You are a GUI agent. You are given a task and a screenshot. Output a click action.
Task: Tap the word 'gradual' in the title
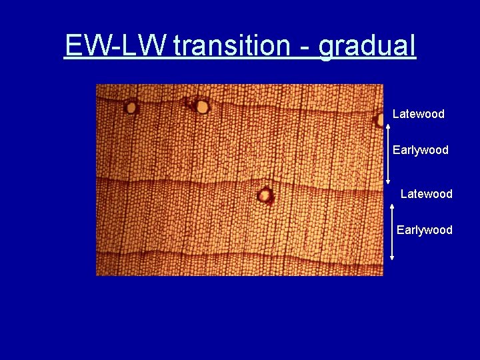pos(367,47)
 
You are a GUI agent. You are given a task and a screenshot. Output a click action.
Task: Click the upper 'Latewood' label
pos(418,114)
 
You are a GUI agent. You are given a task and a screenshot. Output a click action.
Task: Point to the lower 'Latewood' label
pos(426,194)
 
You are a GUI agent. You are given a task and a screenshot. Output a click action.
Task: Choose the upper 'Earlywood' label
pos(420,150)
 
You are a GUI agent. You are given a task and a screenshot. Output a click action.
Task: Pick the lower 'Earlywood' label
pos(424,230)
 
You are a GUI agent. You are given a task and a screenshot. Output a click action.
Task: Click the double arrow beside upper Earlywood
pos(388,153)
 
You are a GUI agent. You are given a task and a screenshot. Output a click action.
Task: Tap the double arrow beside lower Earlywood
pos(392,231)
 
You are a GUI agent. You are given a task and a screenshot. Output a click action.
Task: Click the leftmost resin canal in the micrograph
pos(131,107)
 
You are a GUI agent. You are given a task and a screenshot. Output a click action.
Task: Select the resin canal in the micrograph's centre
pos(265,195)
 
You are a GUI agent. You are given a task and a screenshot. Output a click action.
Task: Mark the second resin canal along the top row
pos(201,106)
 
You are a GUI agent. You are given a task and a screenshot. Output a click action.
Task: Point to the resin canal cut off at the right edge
pos(379,119)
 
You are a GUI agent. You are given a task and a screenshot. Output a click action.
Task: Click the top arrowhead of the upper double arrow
pos(388,124)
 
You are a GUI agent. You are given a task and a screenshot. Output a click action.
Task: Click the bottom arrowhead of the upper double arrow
pos(388,181)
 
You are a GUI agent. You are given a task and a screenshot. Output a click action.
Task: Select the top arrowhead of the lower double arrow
pos(392,206)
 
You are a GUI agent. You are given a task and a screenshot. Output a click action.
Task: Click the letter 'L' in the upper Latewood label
pos(395,114)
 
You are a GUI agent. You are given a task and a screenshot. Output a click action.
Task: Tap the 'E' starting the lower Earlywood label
pos(400,230)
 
